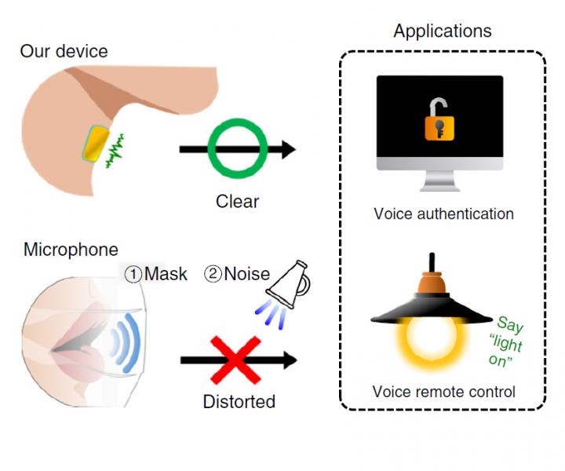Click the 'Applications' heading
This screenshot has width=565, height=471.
pyautogui.click(x=443, y=31)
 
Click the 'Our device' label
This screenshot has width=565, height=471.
pyautogui.click(x=64, y=52)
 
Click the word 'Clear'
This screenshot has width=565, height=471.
pyautogui.click(x=237, y=202)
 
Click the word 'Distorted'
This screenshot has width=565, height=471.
pyautogui.click(x=239, y=402)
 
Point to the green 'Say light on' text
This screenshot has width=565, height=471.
pyautogui.click(x=509, y=338)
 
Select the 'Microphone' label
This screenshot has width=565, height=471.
pyautogui.click(x=71, y=250)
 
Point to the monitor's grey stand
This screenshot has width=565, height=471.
pyautogui.click(x=439, y=179)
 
